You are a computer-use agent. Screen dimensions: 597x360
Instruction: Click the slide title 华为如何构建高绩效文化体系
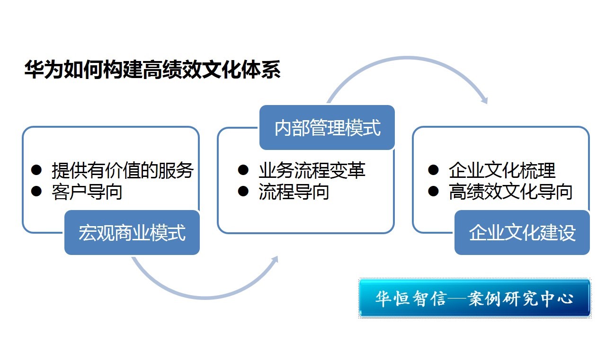pos(152,70)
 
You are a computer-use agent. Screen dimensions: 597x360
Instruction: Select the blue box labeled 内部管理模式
pos(327,128)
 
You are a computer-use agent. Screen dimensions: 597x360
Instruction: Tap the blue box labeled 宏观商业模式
pos(132,232)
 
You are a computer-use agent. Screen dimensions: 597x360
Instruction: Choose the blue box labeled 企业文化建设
pos(522,232)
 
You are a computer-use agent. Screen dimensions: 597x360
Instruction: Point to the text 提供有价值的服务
pos(123,170)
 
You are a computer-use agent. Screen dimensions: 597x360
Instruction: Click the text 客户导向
pos(87,192)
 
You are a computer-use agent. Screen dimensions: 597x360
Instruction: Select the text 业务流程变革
pos(312,170)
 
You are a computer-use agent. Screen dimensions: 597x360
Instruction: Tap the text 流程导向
pos(294,192)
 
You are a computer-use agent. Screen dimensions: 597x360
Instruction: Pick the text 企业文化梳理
pos(502,170)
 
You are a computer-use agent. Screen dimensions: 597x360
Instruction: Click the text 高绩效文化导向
pos(511,192)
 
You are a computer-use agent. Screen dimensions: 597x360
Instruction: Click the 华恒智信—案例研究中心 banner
pos(474,298)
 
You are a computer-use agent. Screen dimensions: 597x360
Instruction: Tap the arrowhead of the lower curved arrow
pos(275,260)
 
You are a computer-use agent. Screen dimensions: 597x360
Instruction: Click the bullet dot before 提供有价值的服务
pos(36,170)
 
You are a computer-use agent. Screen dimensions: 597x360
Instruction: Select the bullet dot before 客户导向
pos(36,191)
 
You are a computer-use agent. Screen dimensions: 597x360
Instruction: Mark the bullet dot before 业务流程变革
pos(243,170)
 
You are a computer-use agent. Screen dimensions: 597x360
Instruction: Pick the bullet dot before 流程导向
pos(243,191)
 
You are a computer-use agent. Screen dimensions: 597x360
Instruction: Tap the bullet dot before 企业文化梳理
pos(433,170)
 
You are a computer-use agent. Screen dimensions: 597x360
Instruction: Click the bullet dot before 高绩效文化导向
pos(433,191)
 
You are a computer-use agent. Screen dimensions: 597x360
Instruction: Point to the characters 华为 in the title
pos(44,70)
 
